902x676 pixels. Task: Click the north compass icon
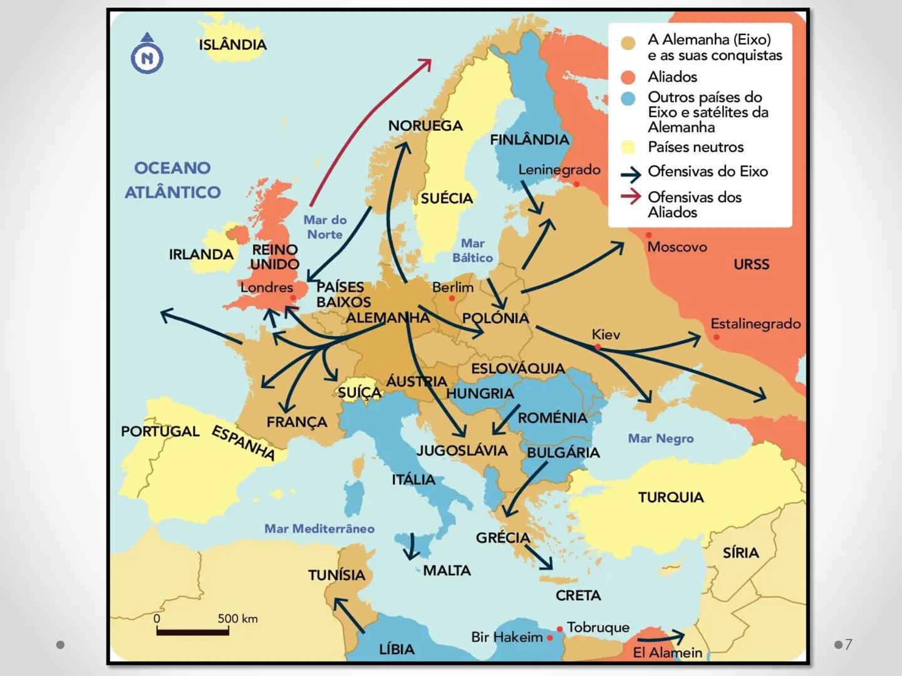[x=147, y=54]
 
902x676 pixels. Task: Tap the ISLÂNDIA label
[x=232, y=44]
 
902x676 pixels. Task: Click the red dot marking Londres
[x=293, y=298]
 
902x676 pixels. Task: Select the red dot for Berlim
[x=452, y=299]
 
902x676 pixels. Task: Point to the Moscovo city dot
[x=648, y=235]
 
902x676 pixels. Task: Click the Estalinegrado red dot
[x=717, y=337]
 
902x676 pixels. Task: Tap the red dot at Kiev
[x=598, y=347]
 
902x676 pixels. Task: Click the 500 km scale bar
[x=192, y=632]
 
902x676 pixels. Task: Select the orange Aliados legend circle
[x=628, y=77]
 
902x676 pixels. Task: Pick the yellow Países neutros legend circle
[x=628, y=147]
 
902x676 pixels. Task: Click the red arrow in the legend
[x=631, y=197]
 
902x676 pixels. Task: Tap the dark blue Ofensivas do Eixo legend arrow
[x=631, y=173]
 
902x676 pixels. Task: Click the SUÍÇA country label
[x=359, y=392]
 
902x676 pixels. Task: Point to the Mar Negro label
[x=661, y=439]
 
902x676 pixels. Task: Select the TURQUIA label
[x=671, y=498]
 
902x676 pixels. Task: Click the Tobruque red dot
[x=559, y=628]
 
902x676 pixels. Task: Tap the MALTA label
[x=447, y=570]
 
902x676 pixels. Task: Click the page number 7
[x=849, y=644]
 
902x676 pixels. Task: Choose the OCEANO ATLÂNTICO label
[x=173, y=180]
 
